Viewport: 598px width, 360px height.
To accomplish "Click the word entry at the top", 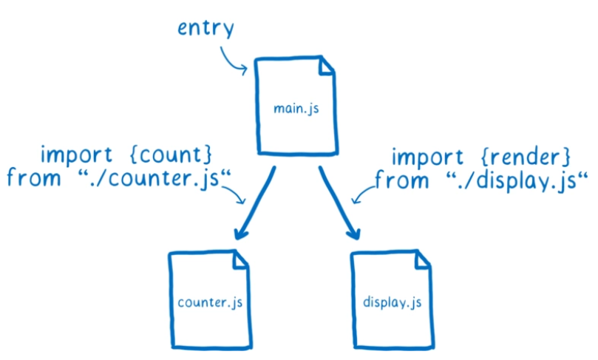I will [x=206, y=30].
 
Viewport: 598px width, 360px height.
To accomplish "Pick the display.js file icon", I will [x=391, y=299].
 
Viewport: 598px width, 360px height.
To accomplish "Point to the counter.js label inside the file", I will [x=210, y=303].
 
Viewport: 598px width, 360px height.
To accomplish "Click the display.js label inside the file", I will [x=391, y=303].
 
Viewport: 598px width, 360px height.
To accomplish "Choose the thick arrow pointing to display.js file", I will [x=339, y=203].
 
